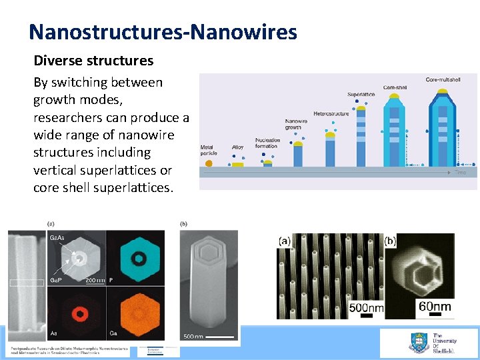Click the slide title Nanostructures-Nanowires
tap(163, 31)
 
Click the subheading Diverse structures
tap(93, 61)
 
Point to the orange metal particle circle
tap(209, 162)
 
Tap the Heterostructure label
tap(331, 114)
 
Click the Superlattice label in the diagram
tap(361, 95)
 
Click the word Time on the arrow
tap(461, 173)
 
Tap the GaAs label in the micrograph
tap(57, 237)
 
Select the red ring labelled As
tap(81, 312)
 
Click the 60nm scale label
tap(434, 307)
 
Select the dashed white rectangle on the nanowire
tap(27, 283)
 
